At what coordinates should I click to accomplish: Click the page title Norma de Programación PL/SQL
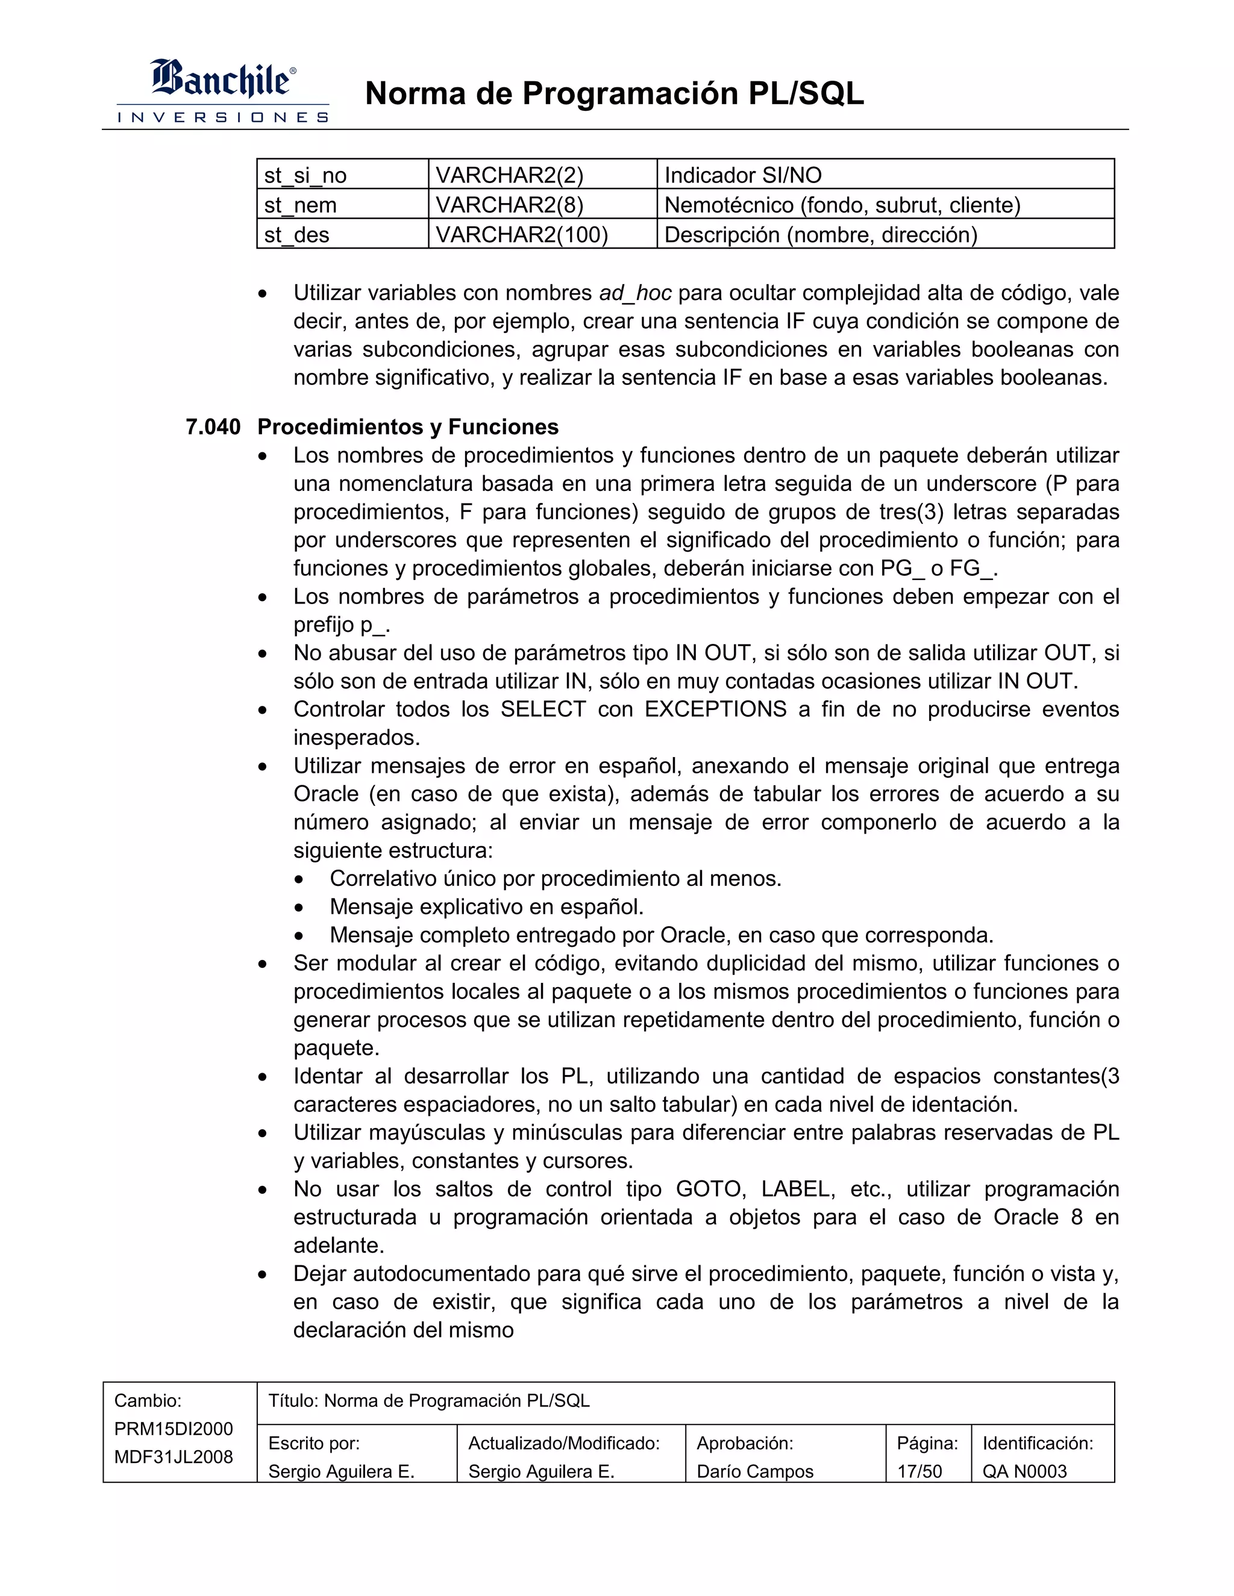[614, 93]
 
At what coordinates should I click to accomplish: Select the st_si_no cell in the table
[305, 175]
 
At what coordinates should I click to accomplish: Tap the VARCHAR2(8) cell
[510, 205]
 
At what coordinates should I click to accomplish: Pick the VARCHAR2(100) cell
[521, 235]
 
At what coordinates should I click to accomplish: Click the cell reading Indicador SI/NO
[743, 175]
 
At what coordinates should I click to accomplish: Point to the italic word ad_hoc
[634, 293]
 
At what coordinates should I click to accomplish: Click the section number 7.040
[213, 427]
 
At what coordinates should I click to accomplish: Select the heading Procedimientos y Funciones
[408, 427]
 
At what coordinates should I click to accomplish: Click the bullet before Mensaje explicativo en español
[298, 908]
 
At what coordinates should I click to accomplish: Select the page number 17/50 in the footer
[919, 1471]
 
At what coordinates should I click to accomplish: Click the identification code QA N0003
[1024, 1471]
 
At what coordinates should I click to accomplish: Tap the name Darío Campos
[754, 1471]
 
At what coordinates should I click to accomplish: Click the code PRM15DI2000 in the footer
[174, 1429]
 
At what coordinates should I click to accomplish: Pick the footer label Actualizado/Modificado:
[563, 1443]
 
